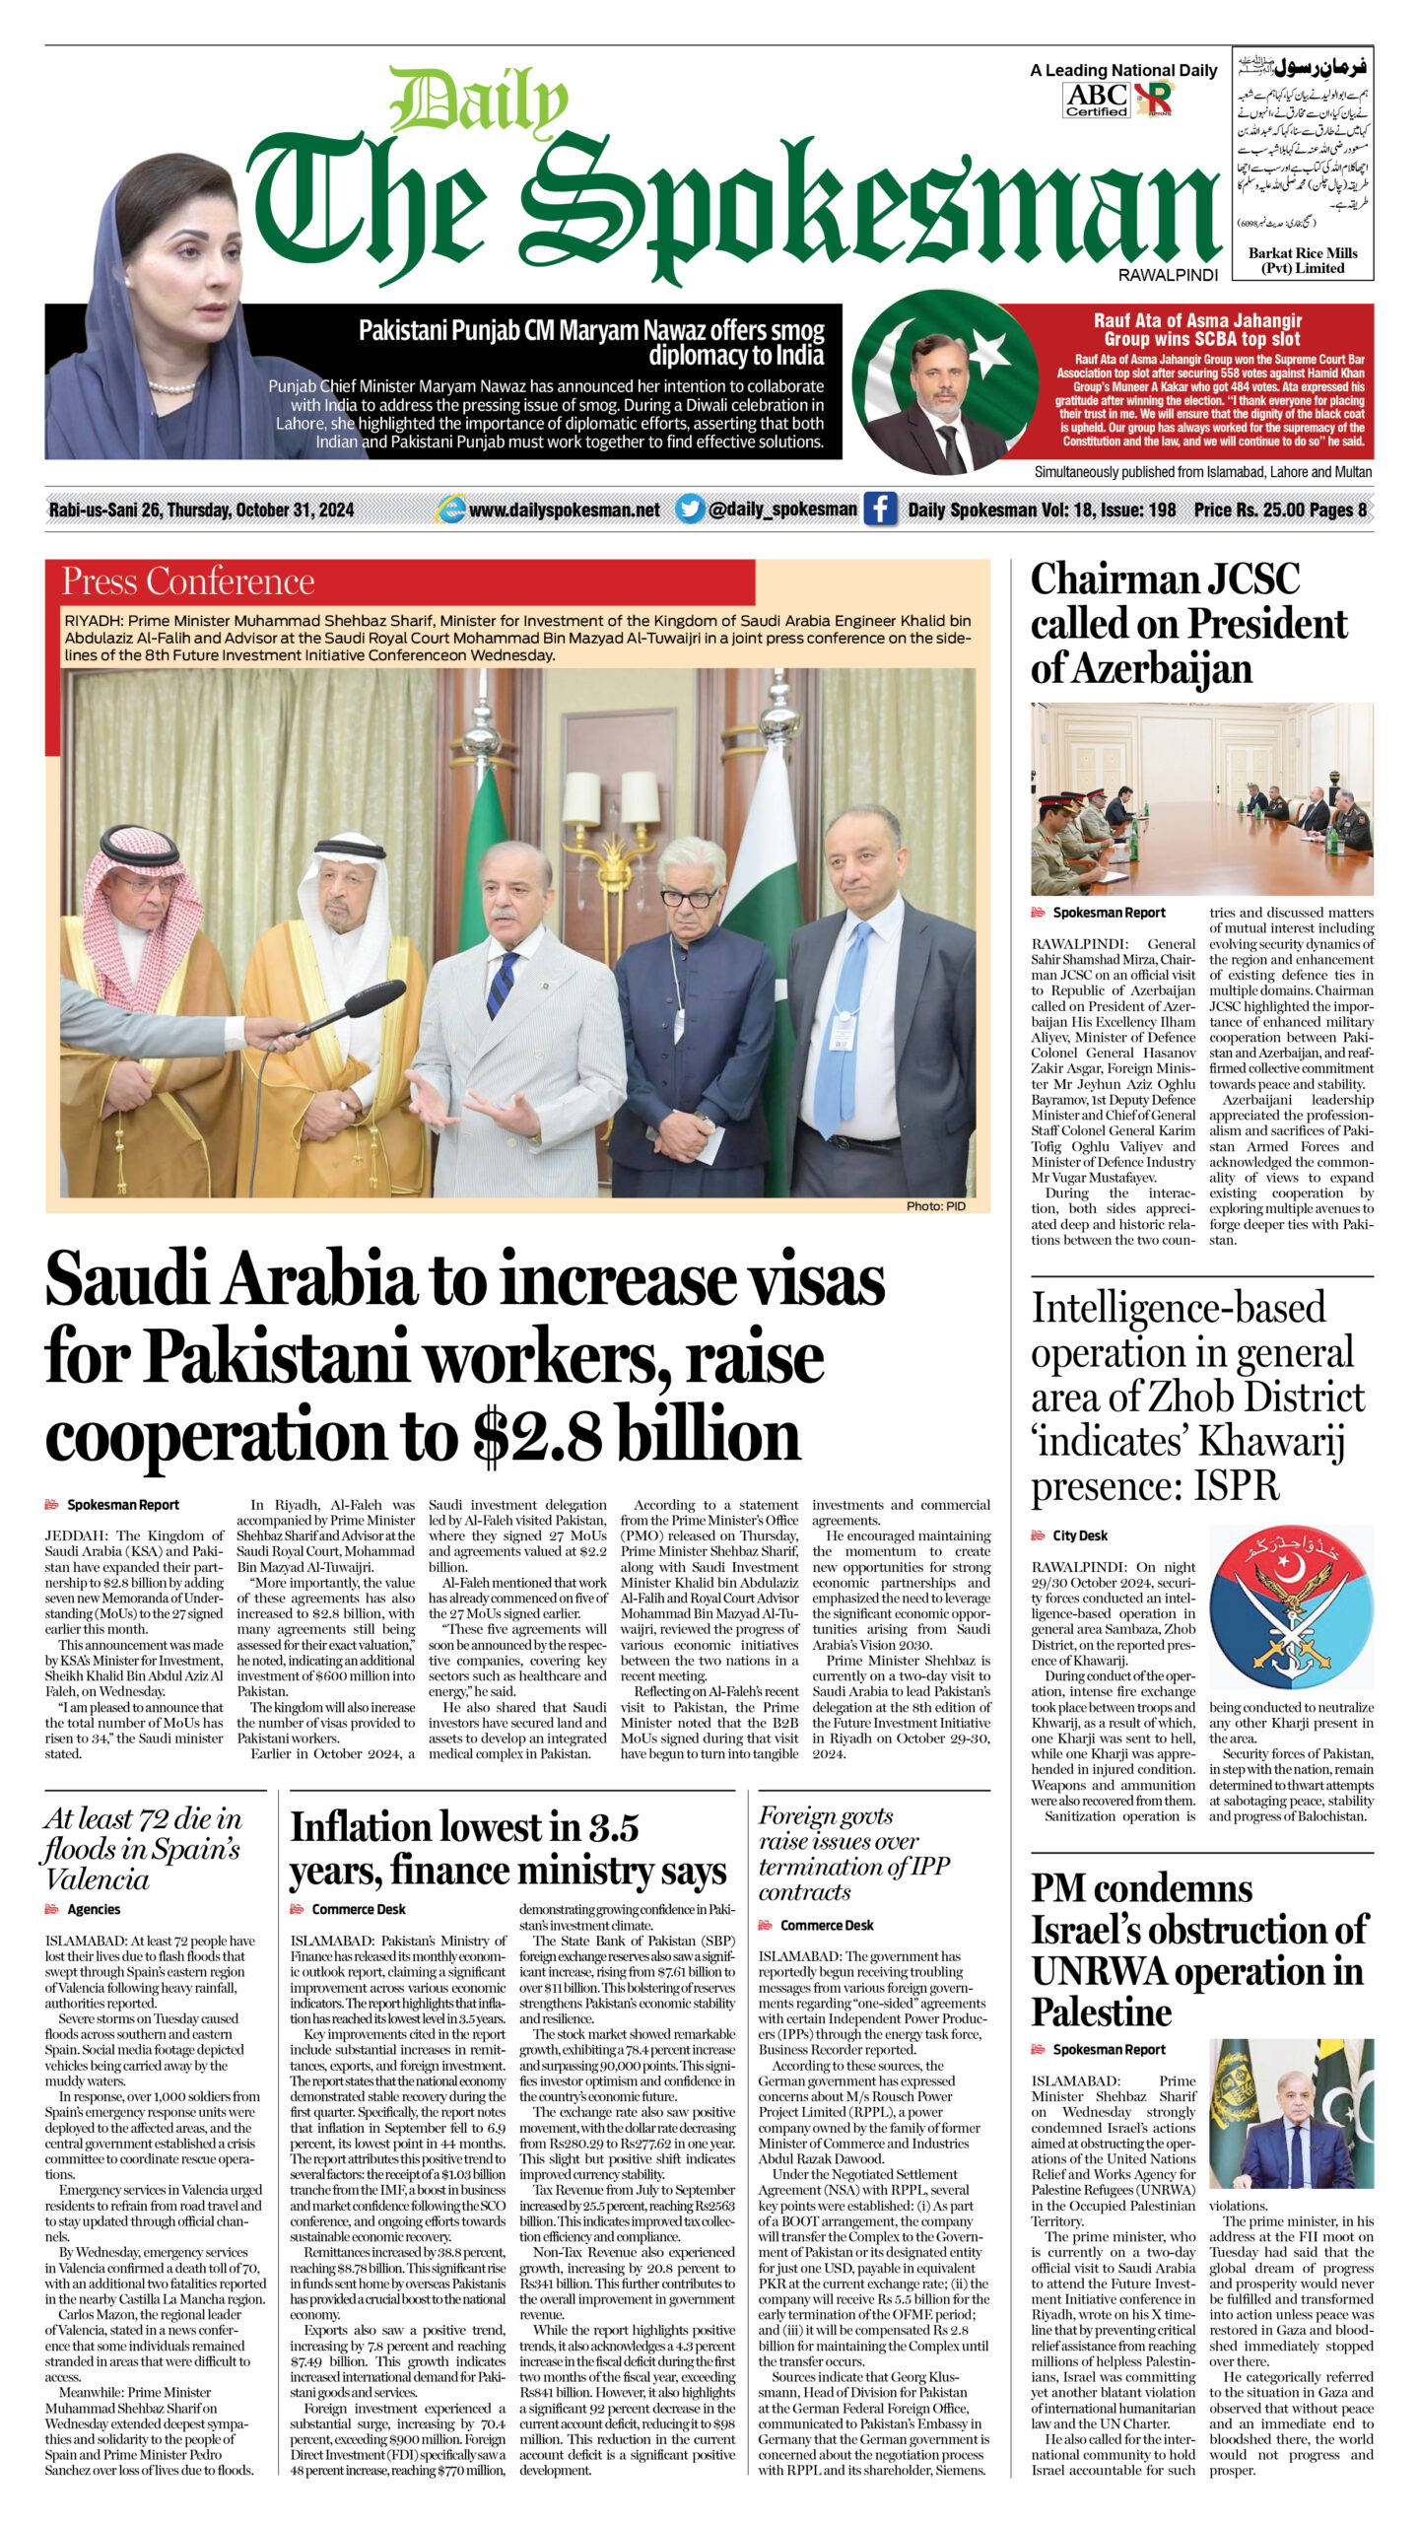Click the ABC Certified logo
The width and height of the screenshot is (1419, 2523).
(x=1096, y=100)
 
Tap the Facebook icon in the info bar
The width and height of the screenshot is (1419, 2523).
(x=880, y=510)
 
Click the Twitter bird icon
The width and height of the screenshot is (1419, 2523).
(x=690, y=509)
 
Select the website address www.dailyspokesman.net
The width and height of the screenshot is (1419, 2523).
(x=564, y=510)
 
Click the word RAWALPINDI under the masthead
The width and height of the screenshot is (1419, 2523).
(x=1168, y=276)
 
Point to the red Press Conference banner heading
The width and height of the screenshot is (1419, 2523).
(x=188, y=581)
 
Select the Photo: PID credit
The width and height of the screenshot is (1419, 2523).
(x=935, y=1206)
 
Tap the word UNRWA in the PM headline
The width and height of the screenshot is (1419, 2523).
(x=1099, y=1971)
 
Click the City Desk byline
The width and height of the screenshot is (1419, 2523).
(x=1080, y=1535)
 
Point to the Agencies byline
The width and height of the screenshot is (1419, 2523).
(x=94, y=1909)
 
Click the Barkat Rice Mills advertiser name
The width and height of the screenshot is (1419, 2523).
(x=1303, y=260)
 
